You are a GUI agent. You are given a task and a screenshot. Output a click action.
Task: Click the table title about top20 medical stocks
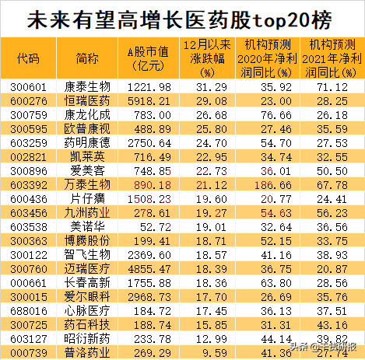182,17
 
